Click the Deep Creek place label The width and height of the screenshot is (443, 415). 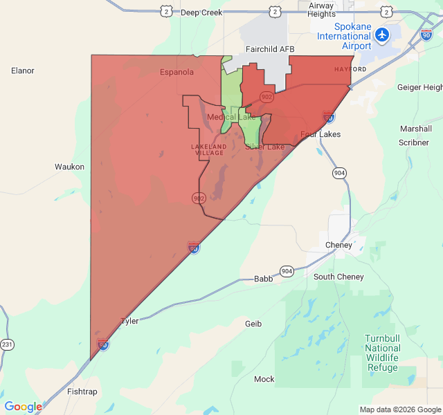click(x=201, y=12)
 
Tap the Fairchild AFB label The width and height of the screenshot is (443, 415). click(x=270, y=49)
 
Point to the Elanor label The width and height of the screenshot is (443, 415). click(x=23, y=70)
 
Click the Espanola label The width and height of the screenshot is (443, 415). click(x=177, y=72)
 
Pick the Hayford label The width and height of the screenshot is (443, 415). click(x=350, y=70)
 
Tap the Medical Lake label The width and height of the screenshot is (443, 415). click(x=231, y=117)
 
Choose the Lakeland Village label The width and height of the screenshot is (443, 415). click(x=208, y=149)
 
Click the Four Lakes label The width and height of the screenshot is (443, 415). click(x=320, y=134)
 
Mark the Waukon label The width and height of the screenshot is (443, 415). click(x=69, y=167)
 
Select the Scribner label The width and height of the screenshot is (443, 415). click(x=414, y=142)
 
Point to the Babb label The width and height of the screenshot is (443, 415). click(x=263, y=278)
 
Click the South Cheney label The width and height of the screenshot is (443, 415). click(x=338, y=277)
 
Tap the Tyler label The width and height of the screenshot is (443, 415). click(x=129, y=321)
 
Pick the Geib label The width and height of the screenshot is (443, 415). click(x=253, y=323)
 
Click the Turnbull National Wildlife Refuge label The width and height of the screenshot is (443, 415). click(x=382, y=353)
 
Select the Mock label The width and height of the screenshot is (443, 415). click(x=264, y=379)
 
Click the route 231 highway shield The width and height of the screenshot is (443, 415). click(x=7, y=344)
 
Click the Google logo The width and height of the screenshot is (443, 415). click(x=23, y=407)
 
